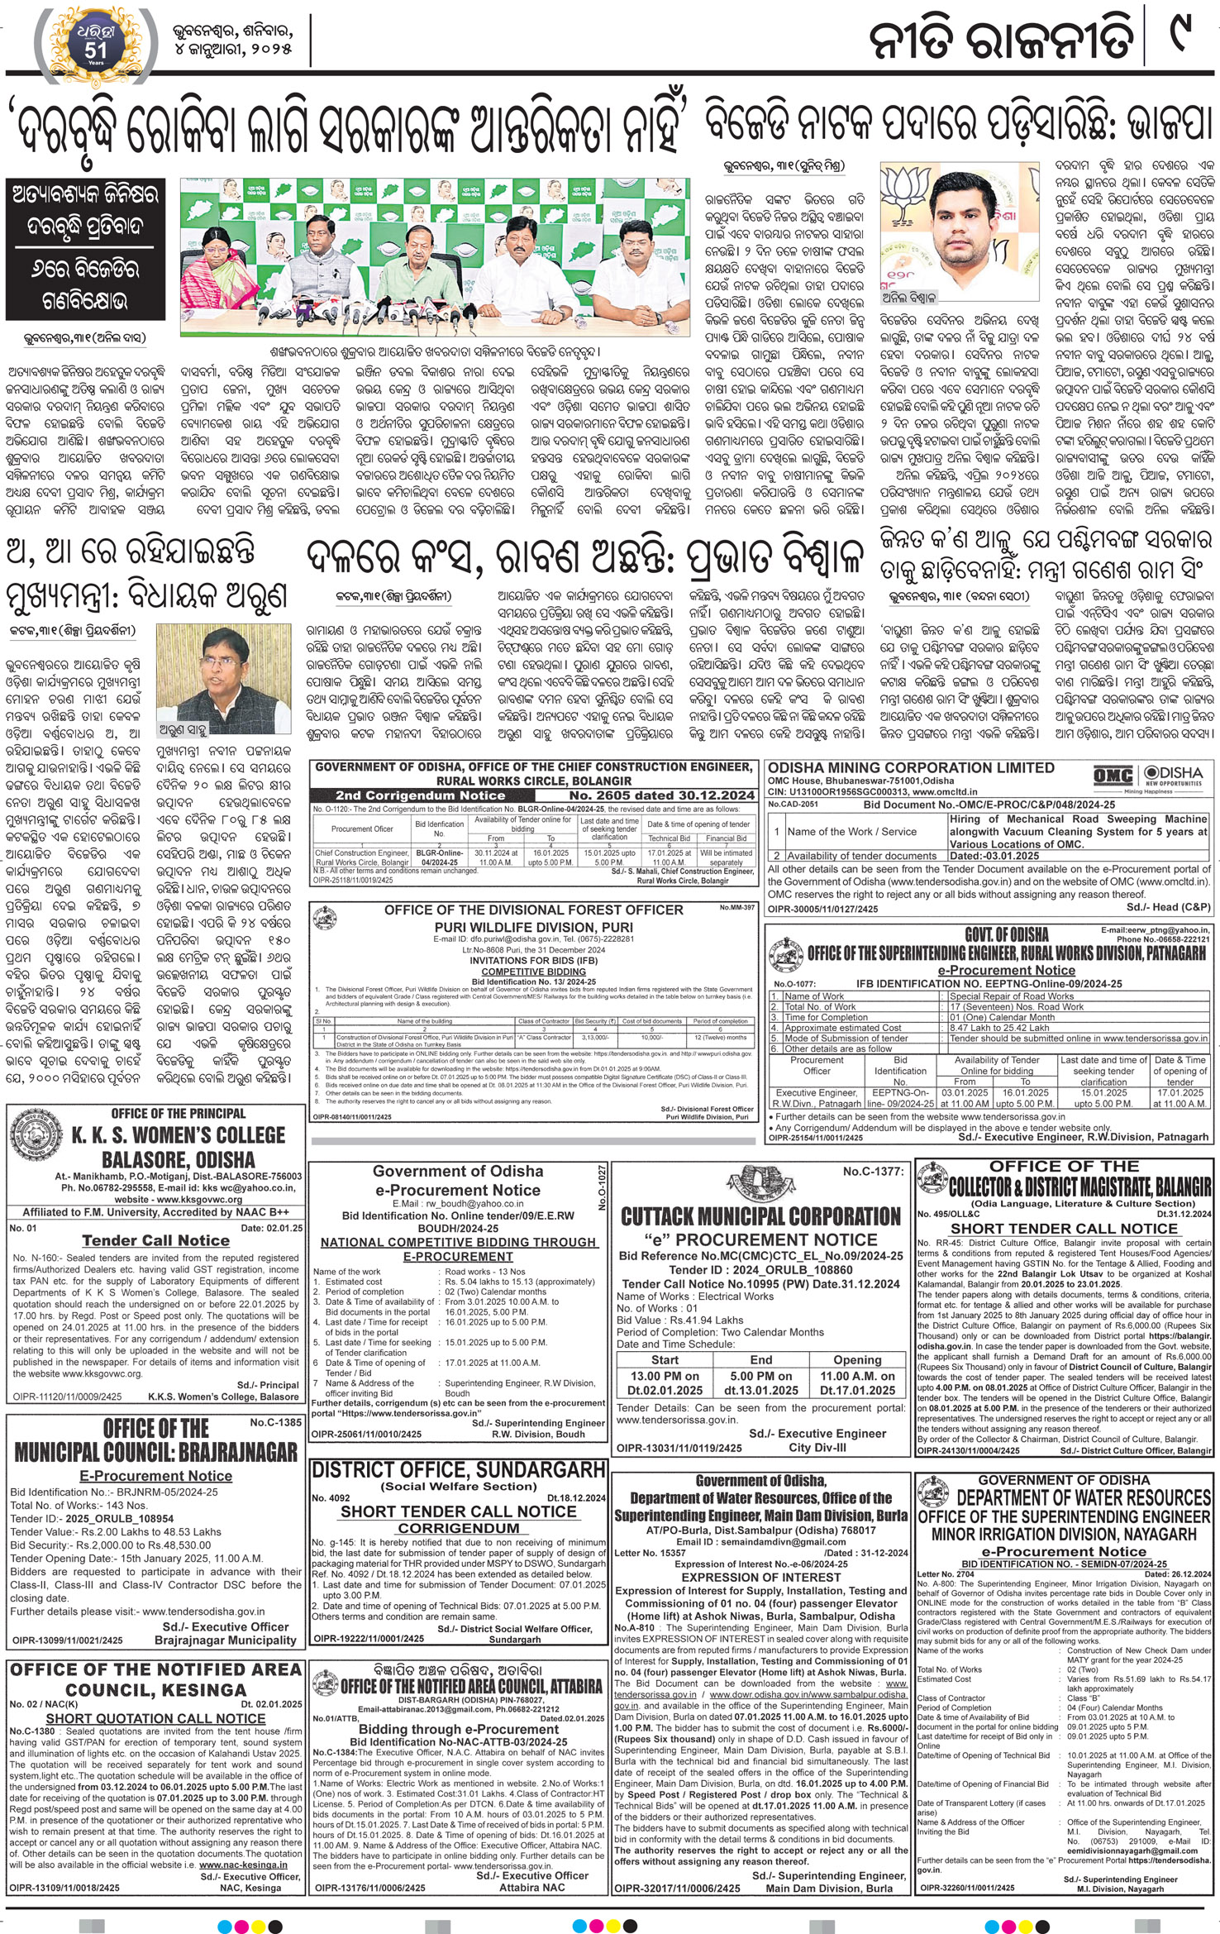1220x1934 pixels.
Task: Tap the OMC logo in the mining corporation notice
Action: tap(1113, 776)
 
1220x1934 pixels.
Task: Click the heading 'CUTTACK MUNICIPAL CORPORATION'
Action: tap(760, 1216)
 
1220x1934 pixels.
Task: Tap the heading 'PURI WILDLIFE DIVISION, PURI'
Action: tap(533, 927)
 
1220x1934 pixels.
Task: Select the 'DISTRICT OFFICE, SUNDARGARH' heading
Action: tap(459, 1468)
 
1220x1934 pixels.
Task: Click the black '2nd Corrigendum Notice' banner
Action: tap(420, 795)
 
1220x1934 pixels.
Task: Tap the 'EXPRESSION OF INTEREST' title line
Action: tap(760, 1577)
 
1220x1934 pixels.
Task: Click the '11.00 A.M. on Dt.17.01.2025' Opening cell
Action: tap(857, 1383)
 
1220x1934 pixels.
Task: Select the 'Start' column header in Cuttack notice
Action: tap(665, 1359)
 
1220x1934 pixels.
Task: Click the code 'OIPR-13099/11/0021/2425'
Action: tap(67, 1640)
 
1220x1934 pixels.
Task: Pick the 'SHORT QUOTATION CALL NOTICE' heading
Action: tap(155, 1718)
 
